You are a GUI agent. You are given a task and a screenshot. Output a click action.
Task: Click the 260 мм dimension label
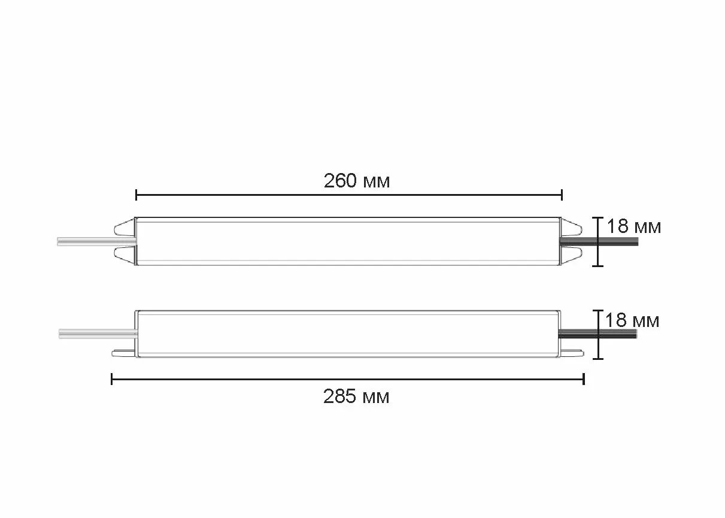pyautogui.click(x=357, y=181)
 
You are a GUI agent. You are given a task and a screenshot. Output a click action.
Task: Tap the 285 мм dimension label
pyautogui.click(x=356, y=396)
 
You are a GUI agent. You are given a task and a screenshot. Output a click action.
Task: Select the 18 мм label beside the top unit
pyautogui.click(x=634, y=226)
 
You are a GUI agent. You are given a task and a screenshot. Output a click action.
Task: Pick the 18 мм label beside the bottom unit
pyautogui.click(x=632, y=320)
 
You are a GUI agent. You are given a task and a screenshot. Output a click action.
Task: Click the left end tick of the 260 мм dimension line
pyautogui.click(x=136, y=195)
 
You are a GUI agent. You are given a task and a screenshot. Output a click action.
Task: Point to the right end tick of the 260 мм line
pyautogui.click(x=562, y=195)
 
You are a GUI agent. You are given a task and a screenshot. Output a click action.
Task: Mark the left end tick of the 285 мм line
pyautogui.click(x=112, y=379)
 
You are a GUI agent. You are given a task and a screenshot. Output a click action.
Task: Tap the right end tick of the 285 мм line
pyautogui.click(x=584, y=379)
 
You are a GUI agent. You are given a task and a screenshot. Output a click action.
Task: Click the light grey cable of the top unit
pyautogui.click(x=96, y=241)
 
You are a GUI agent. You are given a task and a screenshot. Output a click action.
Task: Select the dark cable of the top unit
pyautogui.click(x=599, y=241)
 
